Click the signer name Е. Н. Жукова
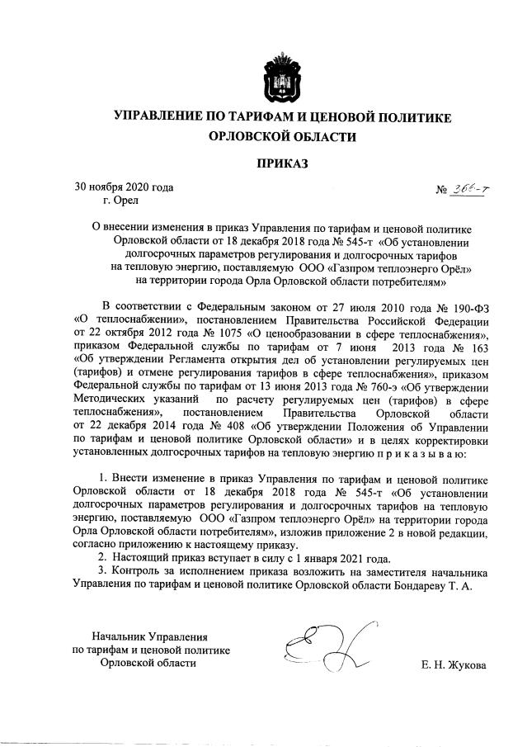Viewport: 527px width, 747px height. point(454,665)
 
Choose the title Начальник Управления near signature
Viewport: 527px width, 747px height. point(149,636)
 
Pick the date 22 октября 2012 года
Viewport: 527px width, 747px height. point(121,333)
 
